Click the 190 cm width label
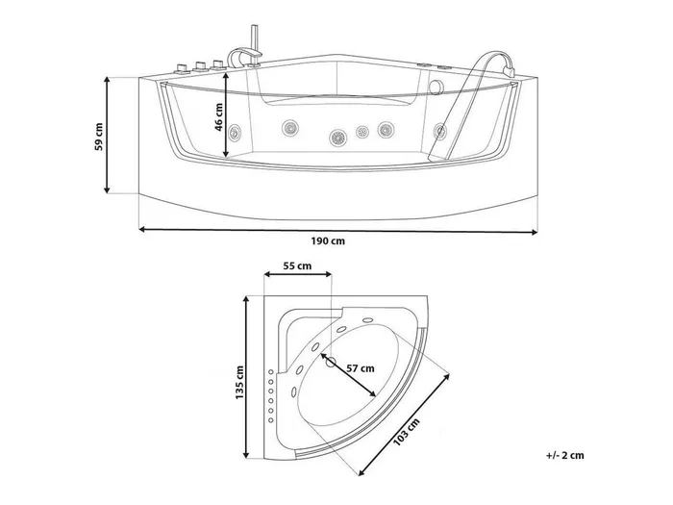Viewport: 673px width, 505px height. pos(328,240)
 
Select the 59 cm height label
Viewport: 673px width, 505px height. pos(99,137)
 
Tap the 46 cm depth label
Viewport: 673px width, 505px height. pos(219,117)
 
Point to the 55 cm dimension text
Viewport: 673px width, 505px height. pos(297,266)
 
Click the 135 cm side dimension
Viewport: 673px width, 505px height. pos(239,383)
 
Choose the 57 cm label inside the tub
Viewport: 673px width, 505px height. pos(361,368)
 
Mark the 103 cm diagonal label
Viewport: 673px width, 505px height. pos(406,432)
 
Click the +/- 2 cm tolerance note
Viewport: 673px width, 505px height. pos(565,455)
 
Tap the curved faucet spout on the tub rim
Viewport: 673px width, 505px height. pos(243,56)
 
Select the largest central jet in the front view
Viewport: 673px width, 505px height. pos(337,138)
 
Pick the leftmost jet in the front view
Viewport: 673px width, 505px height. pos(235,132)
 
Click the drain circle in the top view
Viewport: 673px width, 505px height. pos(331,362)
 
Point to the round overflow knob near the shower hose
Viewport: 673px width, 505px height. pos(437,88)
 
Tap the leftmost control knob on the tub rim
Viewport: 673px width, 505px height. pos(181,68)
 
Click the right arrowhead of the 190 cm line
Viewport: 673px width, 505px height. pos(535,233)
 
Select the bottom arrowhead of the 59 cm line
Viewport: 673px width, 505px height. pos(107,189)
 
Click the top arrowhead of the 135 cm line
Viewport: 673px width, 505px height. pos(246,299)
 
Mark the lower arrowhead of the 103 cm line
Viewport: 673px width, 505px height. pos(361,472)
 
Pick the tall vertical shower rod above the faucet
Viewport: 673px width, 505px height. pos(253,38)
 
